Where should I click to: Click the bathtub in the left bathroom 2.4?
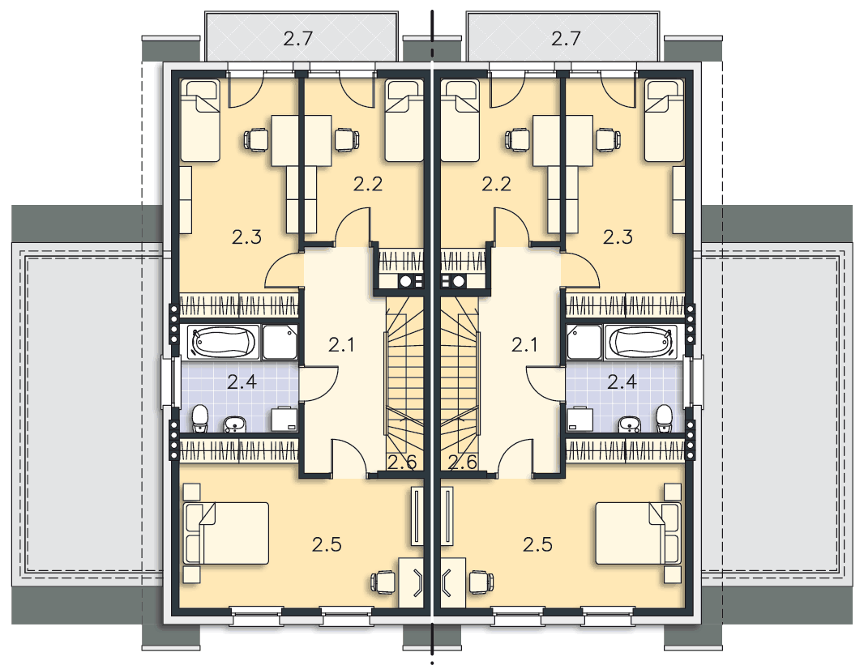(223, 342)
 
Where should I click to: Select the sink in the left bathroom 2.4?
(235, 424)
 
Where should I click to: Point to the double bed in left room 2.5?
(226, 533)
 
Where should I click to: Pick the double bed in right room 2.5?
(638, 533)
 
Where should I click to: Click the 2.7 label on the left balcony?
(298, 39)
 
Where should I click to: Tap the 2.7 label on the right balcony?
(566, 39)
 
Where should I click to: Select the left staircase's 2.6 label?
(402, 463)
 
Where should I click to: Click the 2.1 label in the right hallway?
(524, 344)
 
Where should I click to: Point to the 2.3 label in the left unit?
(246, 237)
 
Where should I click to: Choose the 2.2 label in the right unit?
(497, 184)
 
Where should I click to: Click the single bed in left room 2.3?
(200, 121)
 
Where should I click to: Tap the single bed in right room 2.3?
(665, 121)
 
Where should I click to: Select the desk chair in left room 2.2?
(346, 139)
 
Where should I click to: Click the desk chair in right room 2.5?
(481, 582)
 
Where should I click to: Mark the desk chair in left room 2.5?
(383, 582)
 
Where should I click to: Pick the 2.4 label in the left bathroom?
(242, 382)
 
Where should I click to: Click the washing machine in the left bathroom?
(284, 420)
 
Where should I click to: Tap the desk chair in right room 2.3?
(608, 139)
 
